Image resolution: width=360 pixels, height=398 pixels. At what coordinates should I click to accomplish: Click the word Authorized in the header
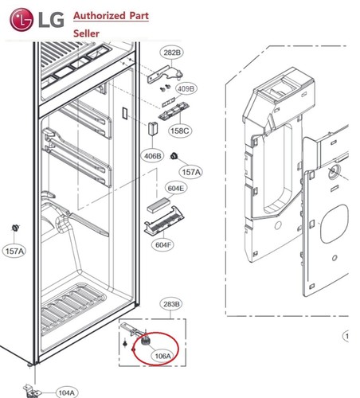[101, 17]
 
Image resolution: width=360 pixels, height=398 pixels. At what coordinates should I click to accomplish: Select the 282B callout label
[172, 53]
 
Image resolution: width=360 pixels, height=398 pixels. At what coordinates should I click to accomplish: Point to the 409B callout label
[186, 89]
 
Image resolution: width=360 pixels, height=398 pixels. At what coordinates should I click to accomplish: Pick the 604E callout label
[175, 189]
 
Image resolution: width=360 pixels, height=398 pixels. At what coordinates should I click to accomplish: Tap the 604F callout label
[162, 245]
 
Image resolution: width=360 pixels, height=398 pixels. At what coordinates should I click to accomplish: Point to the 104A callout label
[66, 392]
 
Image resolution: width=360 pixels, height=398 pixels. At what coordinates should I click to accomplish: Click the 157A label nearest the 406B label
[192, 172]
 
